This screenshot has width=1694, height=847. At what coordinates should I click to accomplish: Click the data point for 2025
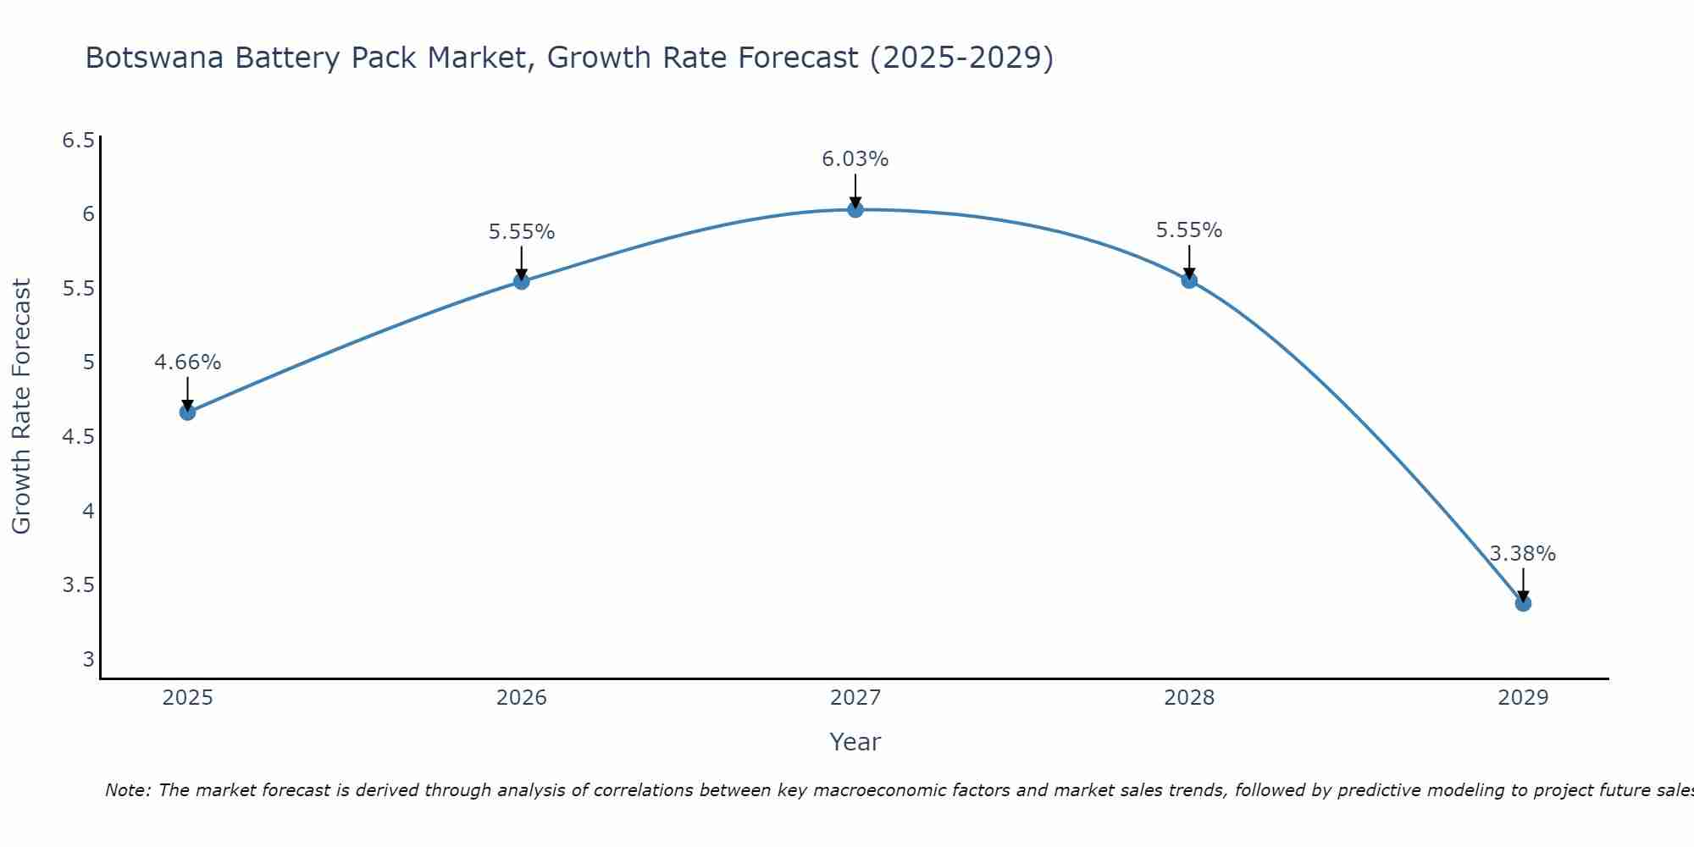point(187,412)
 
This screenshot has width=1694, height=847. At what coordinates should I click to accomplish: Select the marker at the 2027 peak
point(855,209)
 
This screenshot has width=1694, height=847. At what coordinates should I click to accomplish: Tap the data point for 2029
point(1523,603)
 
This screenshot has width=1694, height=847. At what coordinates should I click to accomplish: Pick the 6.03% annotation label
point(855,159)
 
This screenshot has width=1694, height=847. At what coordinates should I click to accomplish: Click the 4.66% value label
point(187,363)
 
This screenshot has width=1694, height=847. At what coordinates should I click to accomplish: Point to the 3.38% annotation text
point(1523,554)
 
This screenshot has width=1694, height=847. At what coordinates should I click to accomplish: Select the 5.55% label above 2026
point(521,232)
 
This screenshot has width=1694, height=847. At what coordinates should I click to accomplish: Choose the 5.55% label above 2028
point(1189,230)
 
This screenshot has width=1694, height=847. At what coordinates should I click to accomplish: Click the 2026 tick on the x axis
point(521,698)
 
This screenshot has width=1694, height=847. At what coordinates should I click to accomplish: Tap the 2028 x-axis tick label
point(1189,698)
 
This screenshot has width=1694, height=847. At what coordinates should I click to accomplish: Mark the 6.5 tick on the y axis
point(78,141)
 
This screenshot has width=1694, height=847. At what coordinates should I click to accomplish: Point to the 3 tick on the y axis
point(88,659)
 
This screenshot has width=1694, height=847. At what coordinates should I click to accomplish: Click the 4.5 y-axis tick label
point(78,437)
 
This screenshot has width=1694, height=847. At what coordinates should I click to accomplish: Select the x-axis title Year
point(855,742)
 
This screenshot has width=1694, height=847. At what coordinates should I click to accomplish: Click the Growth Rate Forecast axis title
point(21,407)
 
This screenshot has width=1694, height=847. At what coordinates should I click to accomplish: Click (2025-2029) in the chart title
point(961,58)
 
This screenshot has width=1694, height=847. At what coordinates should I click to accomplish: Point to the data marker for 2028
point(1189,280)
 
